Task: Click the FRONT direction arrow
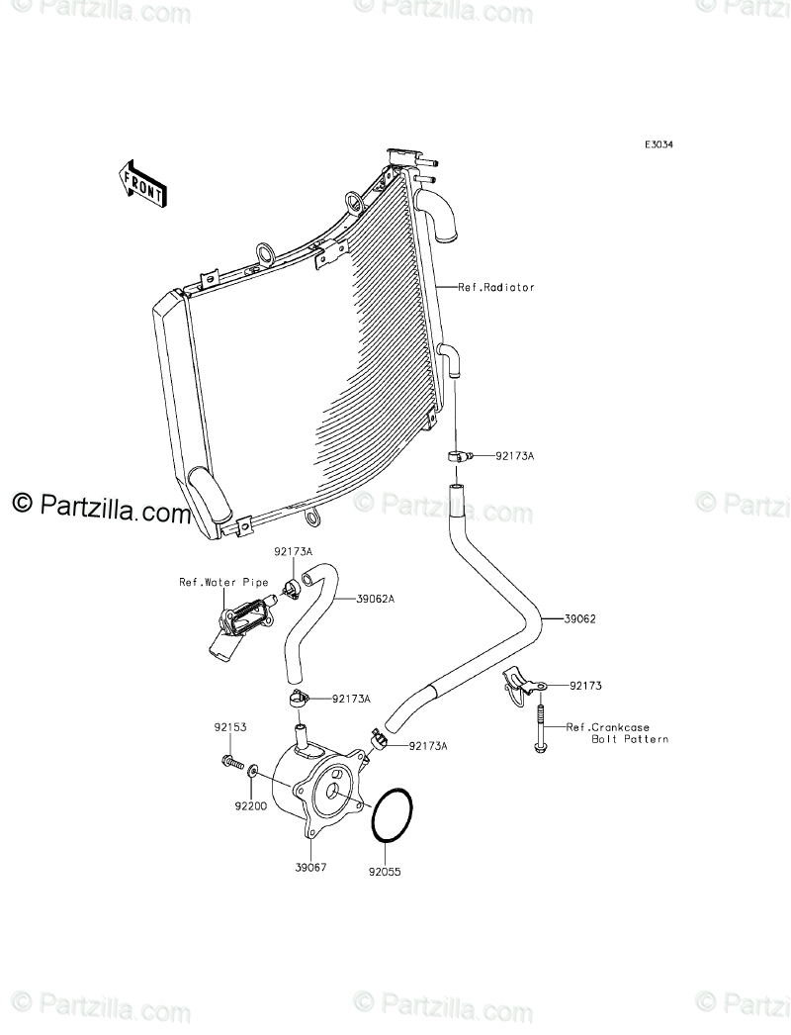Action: coord(142,183)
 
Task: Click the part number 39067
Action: coord(310,867)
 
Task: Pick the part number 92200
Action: coord(250,806)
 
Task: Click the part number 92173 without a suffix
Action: coord(586,685)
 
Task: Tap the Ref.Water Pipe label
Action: coord(210,582)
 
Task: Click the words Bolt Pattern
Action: coord(630,739)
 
